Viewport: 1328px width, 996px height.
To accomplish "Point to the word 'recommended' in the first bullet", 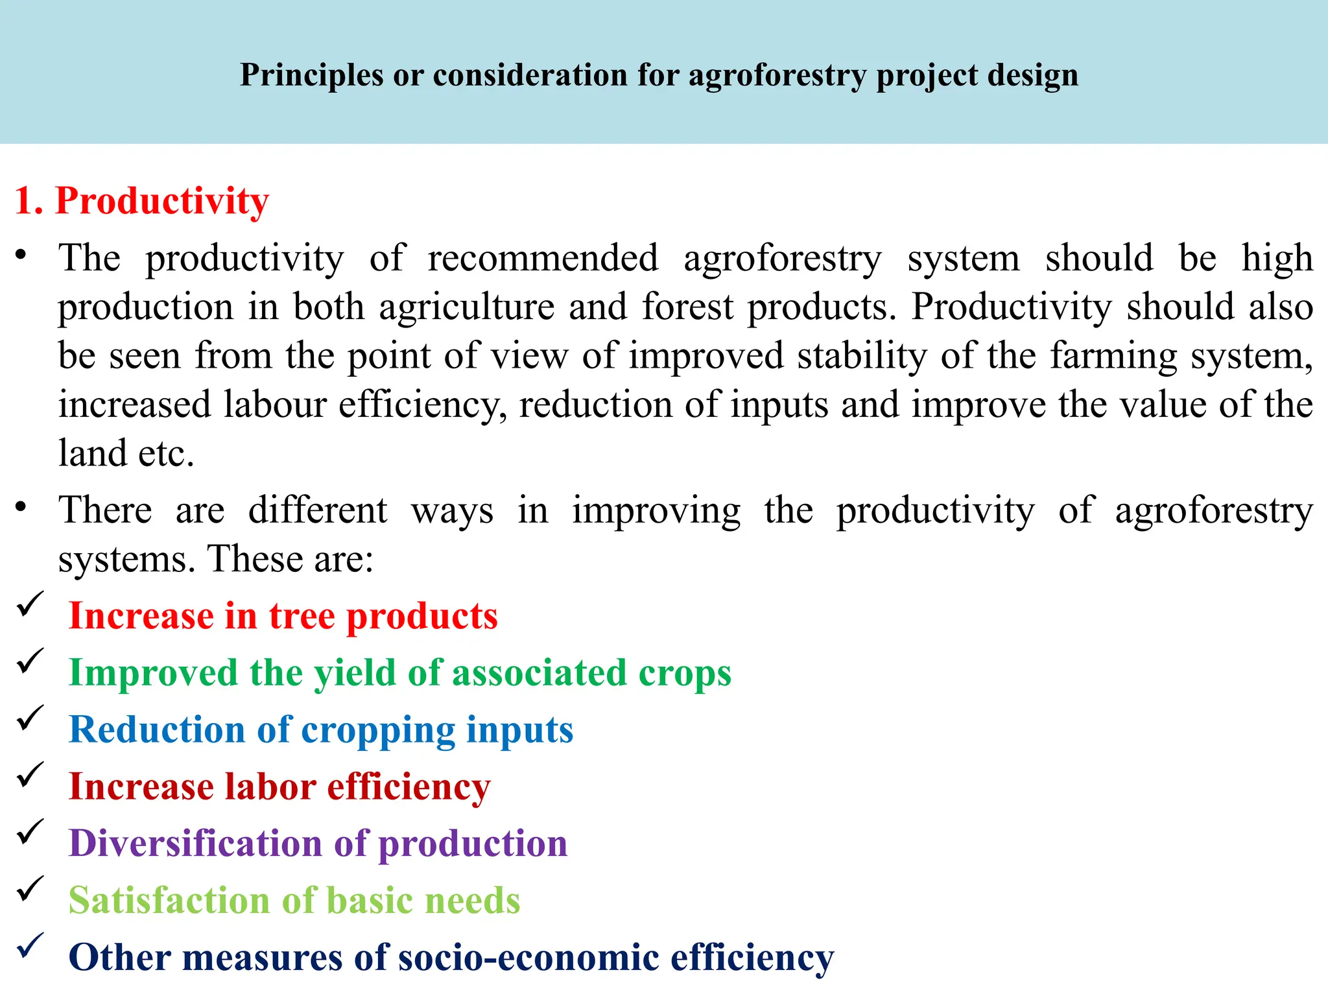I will coord(543,258).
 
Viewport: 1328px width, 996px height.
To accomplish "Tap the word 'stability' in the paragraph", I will coord(862,355).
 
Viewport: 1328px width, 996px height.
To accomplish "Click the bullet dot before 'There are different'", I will coord(21,506).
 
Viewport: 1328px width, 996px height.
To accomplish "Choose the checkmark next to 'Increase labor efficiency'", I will coord(30,774).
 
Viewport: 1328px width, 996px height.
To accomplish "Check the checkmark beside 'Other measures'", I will coord(30,945).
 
